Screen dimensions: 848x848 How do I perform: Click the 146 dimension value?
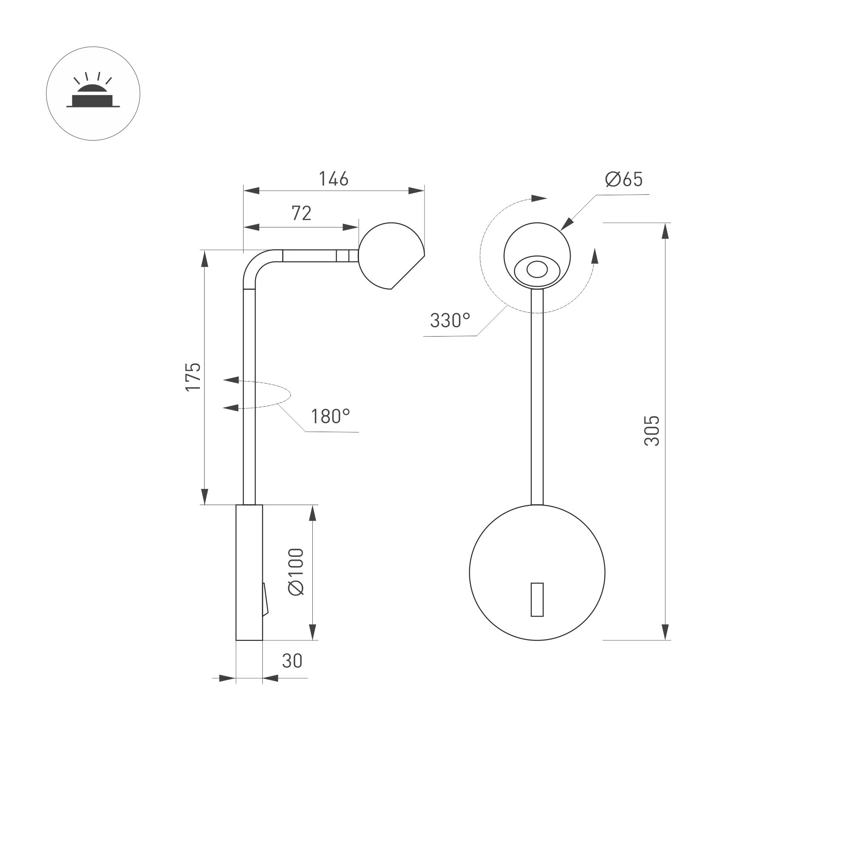[333, 179]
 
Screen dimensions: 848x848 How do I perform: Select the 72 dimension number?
[301, 213]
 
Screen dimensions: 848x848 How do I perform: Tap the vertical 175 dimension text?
[193, 376]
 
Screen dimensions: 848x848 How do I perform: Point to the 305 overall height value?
[652, 431]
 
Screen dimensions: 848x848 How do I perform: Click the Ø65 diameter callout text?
[624, 179]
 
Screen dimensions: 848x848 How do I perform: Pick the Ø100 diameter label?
[296, 571]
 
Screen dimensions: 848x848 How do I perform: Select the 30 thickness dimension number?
[292, 661]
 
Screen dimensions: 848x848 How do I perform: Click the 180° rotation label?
[330, 416]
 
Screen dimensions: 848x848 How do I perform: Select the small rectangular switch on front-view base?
[537, 600]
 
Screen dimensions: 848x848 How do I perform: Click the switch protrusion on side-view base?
[265, 599]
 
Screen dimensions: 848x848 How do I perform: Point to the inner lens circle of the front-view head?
[537, 269]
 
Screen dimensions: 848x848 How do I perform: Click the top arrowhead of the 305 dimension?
[665, 230]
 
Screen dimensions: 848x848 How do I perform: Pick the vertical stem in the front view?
[537, 395]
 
